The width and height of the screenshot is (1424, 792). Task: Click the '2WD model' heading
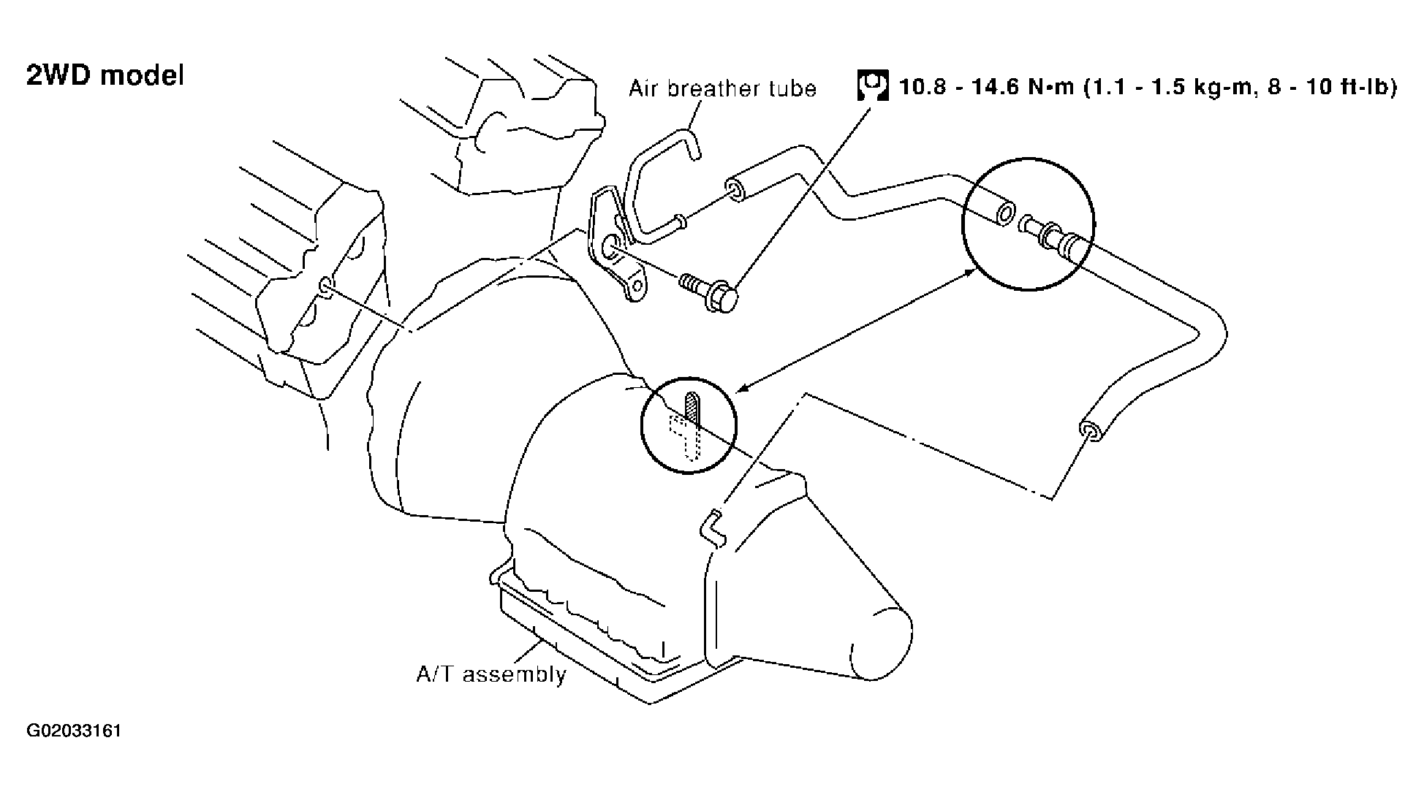tap(105, 75)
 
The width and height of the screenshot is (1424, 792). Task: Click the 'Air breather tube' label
tap(722, 88)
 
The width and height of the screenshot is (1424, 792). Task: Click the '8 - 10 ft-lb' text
tap(1322, 87)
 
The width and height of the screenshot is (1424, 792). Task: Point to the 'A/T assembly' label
tap(491, 674)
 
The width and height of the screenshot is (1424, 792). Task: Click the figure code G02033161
tap(74, 731)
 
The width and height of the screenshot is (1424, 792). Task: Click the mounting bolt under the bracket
tap(709, 291)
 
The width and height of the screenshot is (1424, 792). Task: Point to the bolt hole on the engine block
tap(326, 285)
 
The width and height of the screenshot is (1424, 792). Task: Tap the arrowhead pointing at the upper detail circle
tap(971, 273)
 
